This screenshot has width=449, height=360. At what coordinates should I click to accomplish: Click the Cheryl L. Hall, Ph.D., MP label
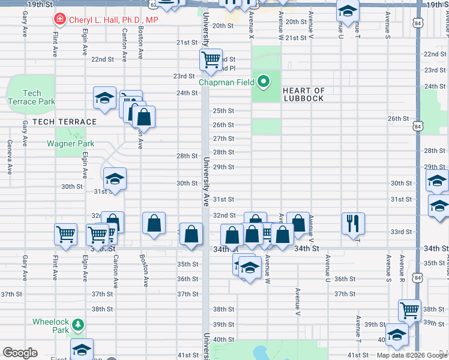point(113,20)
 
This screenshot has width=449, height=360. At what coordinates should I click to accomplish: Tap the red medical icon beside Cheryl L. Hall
point(59,20)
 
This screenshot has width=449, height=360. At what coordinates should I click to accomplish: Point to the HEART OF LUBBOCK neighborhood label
point(304,95)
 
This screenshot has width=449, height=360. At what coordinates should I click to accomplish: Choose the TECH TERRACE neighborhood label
point(65,122)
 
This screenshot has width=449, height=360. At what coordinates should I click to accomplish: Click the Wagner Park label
point(70,144)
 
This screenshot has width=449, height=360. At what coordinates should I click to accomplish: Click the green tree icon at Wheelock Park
point(77,325)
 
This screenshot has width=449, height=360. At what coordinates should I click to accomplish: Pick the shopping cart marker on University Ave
point(211,59)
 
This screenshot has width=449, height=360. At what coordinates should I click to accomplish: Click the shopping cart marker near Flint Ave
point(66,235)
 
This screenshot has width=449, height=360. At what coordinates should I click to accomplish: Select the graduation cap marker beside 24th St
point(104,98)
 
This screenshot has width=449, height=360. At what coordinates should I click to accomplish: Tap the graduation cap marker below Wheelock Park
point(82,349)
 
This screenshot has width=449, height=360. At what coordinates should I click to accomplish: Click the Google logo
point(20,353)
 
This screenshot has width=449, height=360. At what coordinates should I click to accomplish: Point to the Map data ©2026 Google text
point(411,355)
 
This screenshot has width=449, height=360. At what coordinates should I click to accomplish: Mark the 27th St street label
point(224,139)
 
